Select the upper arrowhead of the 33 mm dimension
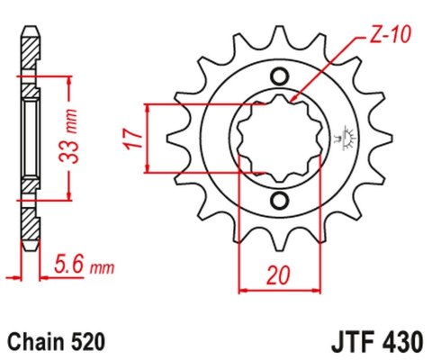[68, 75]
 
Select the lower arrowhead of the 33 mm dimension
[68, 195]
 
